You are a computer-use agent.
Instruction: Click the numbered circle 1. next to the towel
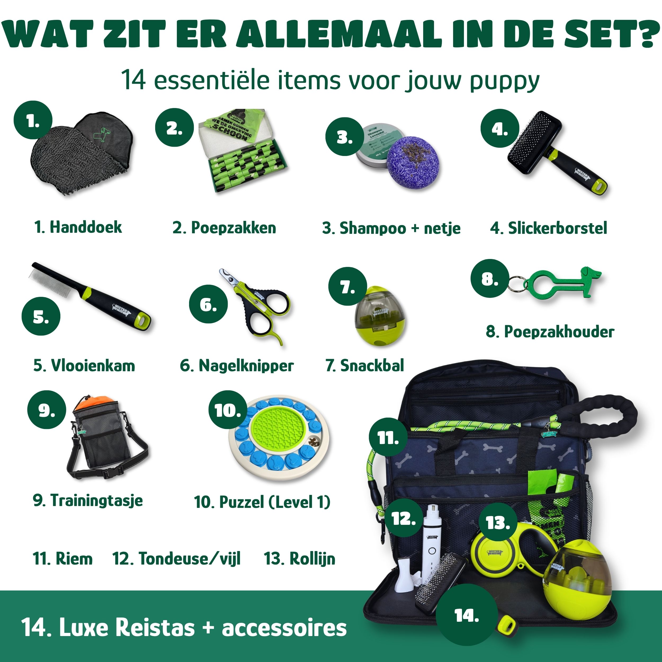[x=33, y=120]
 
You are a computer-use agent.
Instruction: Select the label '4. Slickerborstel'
[x=548, y=228]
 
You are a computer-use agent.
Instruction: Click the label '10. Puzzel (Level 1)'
[x=262, y=502]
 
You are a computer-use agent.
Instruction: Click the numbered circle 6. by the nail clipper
[x=208, y=304]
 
